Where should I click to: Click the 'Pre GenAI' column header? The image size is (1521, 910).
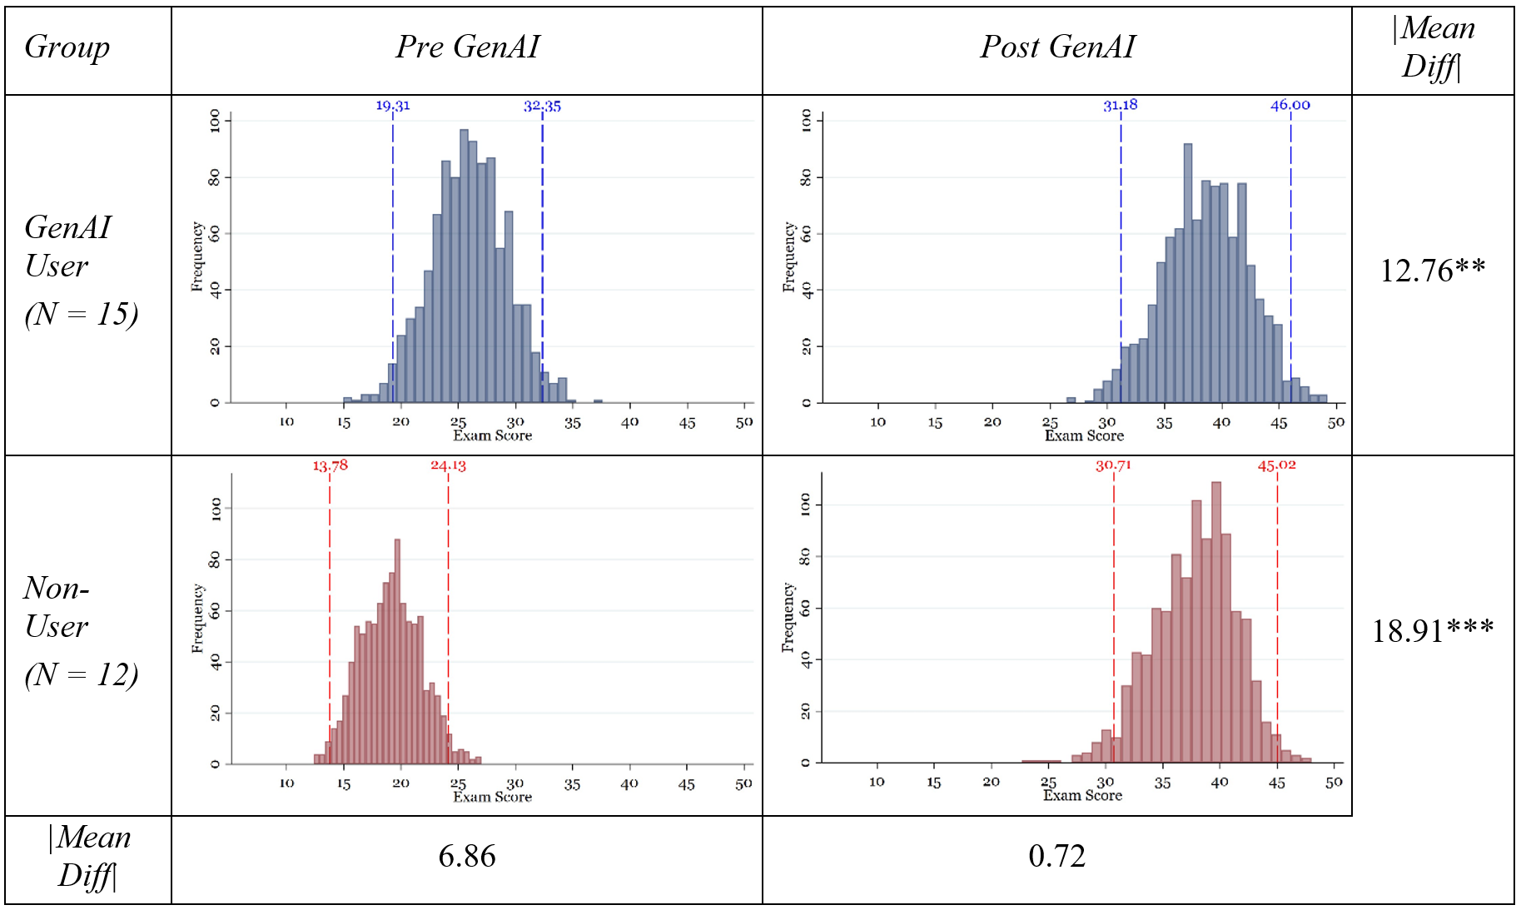click(x=467, y=47)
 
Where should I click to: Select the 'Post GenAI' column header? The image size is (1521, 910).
click(x=1056, y=47)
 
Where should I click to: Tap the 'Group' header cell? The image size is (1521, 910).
click(x=67, y=47)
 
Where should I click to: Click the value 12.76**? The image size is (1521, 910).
click(x=1432, y=271)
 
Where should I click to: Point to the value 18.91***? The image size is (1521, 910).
click(x=1432, y=631)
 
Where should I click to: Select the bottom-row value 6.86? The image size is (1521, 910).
click(x=467, y=856)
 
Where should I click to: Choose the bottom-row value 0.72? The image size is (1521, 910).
click(x=1056, y=856)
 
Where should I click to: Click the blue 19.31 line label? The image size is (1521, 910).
click(x=393, y=106)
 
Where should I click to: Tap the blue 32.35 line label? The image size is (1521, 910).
click(x=542, y=106)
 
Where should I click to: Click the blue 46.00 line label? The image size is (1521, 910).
click(x=1290, y=105)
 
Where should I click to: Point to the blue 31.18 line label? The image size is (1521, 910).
click(x=1120, y=105)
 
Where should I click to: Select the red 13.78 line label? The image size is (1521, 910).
click(x=330, y=465)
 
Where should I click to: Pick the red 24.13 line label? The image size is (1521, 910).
click(x=448, y=465)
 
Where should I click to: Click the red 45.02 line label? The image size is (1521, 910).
click(x=1276, y=465)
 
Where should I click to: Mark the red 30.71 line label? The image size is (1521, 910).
click(x=1113, y=465)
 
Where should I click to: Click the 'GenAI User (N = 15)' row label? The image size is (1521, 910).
click(x=81, y=271)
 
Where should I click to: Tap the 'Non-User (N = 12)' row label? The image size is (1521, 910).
click(x=81, y=631)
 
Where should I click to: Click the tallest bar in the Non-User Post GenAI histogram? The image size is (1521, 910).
click(x=1215, y=624)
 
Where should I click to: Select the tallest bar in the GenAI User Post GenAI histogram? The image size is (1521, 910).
click(x=1187, y=275)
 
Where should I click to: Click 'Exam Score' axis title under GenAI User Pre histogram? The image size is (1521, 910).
click(x=492, y=435)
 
